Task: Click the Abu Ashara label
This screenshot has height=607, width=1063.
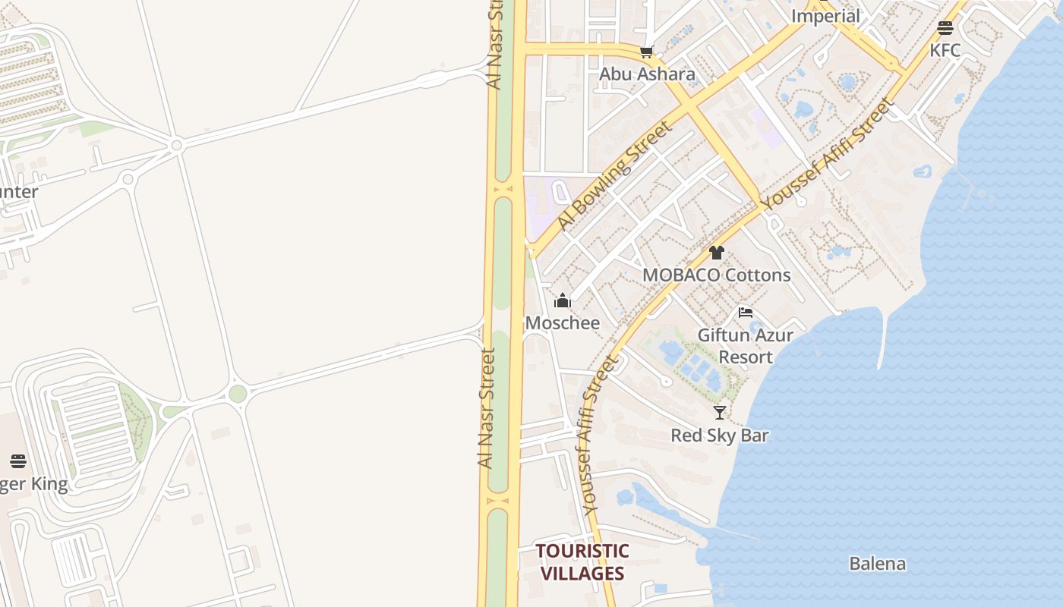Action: pyautogui.click(x=647, y=74)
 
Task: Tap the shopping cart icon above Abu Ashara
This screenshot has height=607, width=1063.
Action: pyautogui.click(x=646, y=52)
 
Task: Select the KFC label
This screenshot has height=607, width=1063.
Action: pyautogui.click(x=945, y=51)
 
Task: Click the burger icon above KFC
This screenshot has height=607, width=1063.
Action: pyautogui.click(x=945, y=28)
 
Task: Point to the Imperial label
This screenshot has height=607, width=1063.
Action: pyautogui.click(x=825, y=16)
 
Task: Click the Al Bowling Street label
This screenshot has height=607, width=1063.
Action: pyautogui.click(x=614, y=176)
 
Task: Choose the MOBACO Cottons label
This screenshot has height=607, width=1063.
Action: pyautogui.click(x=716, y=275)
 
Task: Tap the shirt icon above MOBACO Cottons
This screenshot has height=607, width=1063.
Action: pyautogui.click(x=717, y=253)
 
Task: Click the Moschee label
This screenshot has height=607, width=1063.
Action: pyautogui.click(x=563, y=323)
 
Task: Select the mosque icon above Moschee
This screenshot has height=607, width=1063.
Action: pyautogui.click(x=563, y=301)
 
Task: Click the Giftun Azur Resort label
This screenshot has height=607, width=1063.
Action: pyautogui.click(x=746, y=346)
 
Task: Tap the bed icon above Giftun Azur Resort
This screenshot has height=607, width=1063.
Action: pyautogui.click(x=746, y=312)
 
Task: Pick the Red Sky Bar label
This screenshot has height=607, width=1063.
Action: pyautogui.click(x=720, y=436)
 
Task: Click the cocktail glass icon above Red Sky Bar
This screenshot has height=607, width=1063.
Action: pyautogui.click(x=720, y=413)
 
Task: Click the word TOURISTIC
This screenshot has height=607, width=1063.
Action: pyautogui.click(x=582, y=552)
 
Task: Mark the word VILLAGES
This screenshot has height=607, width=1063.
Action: pyautogui.click(x=582, y=574)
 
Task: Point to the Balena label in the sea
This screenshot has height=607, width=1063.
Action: pyautogui.click(x=877, y=564)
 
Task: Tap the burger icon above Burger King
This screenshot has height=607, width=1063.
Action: pyautogui.click(x=18, y=461)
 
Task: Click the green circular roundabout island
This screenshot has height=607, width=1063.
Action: pyautogui.click(x=238, y=394)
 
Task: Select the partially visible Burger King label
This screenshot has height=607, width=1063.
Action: pyautogui.click(x=33, y=484)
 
